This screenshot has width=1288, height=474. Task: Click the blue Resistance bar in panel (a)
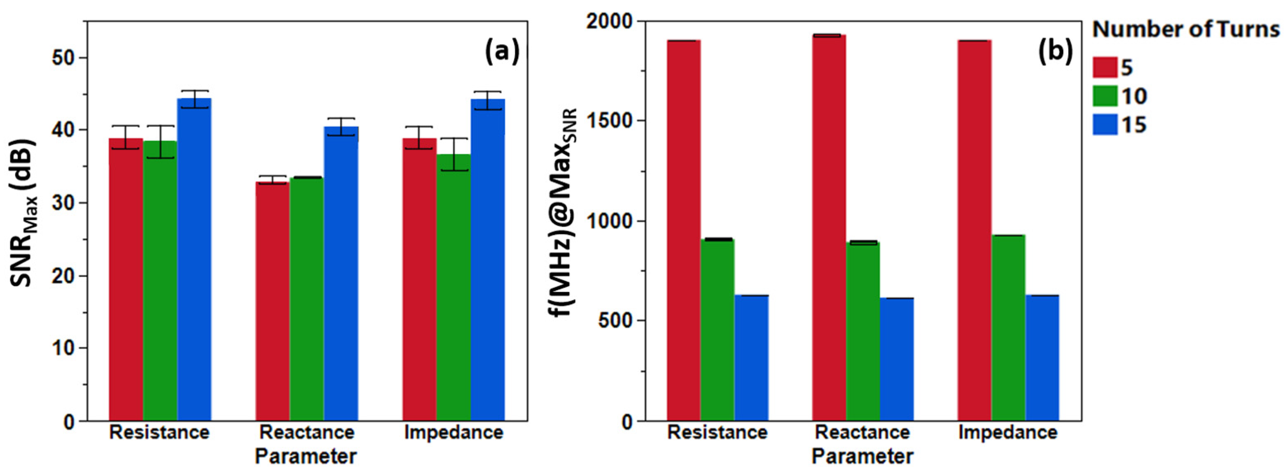[195, 260]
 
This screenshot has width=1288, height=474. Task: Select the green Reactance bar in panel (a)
[306, 299]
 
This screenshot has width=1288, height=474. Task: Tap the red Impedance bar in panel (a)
[419, 279]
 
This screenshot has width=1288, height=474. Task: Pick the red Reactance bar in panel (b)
[829, 228]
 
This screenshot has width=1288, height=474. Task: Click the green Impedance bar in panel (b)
[1008, 328]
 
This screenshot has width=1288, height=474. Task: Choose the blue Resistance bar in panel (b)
[752, 358]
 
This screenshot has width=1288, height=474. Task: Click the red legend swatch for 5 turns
[1105, 67]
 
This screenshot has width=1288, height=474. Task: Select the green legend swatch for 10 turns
[1105, 96]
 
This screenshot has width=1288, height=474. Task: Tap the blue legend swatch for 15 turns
[1105, 124]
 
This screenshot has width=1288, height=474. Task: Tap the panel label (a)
[502, 52]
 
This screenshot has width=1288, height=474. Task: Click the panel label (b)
[1055, 52]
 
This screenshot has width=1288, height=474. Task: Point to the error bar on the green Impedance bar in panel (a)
[454, 155]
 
